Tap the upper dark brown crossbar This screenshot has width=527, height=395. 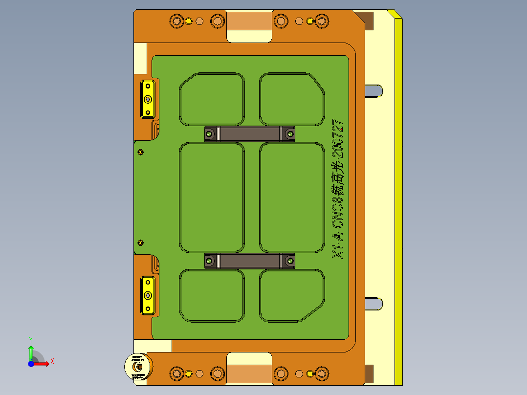(249, 133)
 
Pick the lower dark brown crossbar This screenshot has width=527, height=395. (249, 261)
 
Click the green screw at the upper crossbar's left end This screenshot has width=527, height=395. (209, 133)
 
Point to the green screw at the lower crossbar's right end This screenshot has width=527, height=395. (290, 261)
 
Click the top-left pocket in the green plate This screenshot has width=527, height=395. (212, 99)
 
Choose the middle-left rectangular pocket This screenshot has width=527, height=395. (212, 197)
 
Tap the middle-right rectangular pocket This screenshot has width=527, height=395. (291, 197)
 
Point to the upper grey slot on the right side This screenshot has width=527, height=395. (374, 91)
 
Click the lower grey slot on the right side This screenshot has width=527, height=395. (374, 304)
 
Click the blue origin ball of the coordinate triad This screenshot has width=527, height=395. (31, 364)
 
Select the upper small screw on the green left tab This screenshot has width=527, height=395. (141, 152)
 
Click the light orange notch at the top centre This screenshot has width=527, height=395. (249, 22)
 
